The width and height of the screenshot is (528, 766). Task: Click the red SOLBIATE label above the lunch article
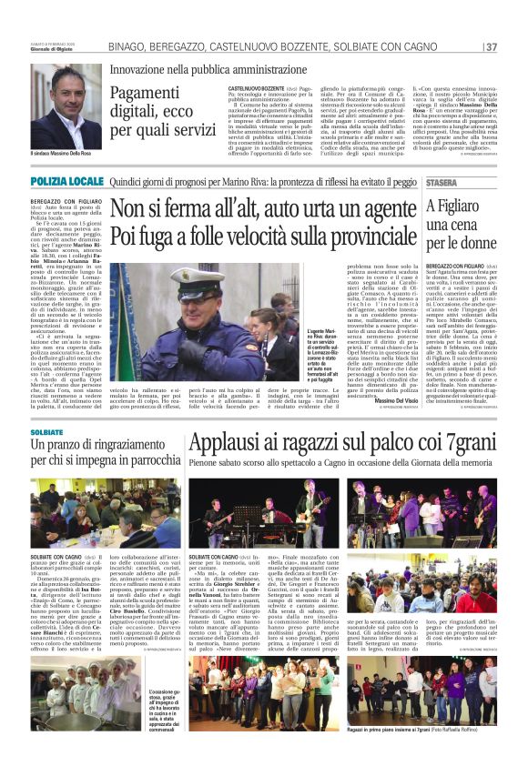[46, 432]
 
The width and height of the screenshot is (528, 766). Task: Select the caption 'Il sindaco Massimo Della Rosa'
[65, 156]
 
